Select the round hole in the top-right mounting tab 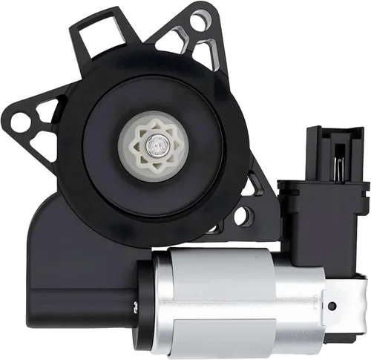(x=198, y=22)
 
